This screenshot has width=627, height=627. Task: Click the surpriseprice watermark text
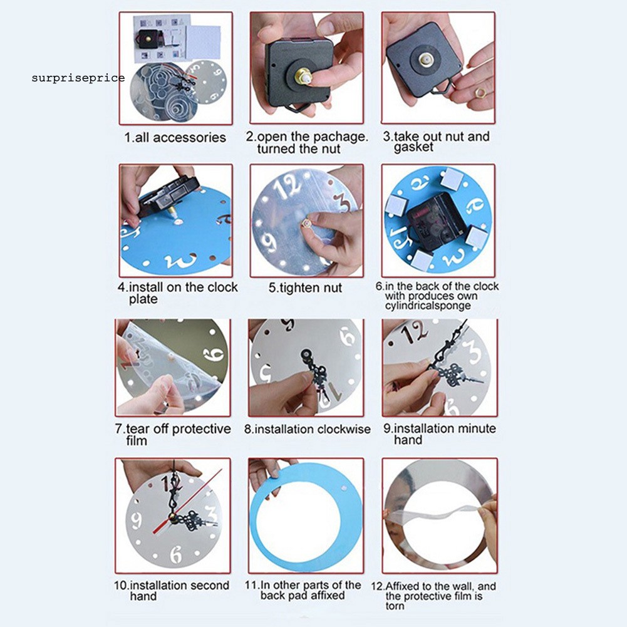[78, 78]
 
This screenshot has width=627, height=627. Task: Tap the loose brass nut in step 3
[479, 93]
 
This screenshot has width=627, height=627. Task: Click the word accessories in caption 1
[190, 138]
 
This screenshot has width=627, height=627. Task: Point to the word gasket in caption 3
[413, 147]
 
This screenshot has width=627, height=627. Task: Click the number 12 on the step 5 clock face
[289, 185]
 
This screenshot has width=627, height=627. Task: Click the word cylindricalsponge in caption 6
[428, 306]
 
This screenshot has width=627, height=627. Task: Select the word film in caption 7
[137, 441]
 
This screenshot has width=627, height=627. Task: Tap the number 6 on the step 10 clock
[176, 554]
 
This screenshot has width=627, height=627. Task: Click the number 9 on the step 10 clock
[137, 521]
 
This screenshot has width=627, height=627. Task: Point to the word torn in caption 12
[395, 606]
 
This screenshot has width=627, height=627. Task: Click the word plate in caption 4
[143, 299]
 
